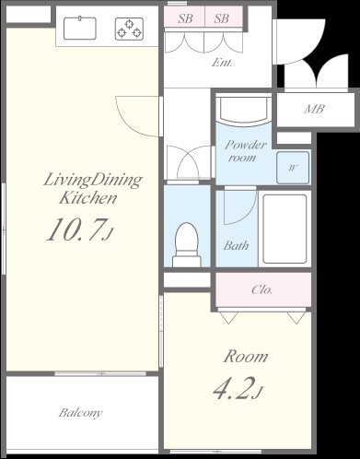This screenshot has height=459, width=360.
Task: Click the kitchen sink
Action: point(80,29)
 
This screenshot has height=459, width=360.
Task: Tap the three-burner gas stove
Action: point(129,29)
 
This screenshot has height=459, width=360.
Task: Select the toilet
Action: point(187,245)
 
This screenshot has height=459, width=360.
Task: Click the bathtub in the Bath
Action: point(285,229)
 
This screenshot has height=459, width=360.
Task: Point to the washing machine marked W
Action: point(293,168)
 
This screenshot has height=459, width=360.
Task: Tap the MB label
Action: point(315,109)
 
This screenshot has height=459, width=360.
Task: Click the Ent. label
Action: point(222,63)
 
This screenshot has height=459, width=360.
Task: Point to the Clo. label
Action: point(261,289)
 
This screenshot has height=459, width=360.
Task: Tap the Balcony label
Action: point(81,413)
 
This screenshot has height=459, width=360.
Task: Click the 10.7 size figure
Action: point(80,229)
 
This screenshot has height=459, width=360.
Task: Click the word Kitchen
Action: point(88,197)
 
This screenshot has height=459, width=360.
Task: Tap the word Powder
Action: point(246,145)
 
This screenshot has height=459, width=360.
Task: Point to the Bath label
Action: point(236,245)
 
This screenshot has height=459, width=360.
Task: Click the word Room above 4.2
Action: point(246,357)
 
